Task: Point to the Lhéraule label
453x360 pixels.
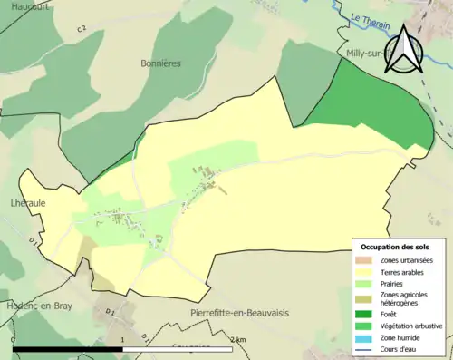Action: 28,203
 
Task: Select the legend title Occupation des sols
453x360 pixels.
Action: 397,247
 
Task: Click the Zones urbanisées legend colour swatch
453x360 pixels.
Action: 367,260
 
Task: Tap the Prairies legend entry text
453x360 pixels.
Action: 393,283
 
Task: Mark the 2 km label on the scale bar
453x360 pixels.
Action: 237,340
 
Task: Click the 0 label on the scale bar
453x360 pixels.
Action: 13,340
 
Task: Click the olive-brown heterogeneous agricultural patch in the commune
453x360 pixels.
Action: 87,250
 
